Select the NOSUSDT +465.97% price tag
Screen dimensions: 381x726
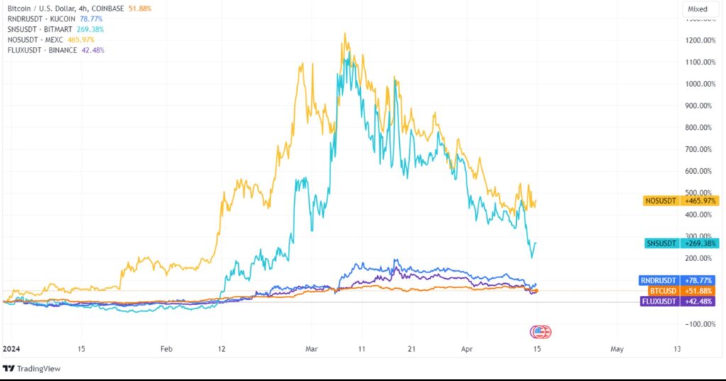tap(680, 201)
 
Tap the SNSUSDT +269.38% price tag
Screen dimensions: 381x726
tap(680, 243)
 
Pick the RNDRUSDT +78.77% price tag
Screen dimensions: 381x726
tap(680, 280)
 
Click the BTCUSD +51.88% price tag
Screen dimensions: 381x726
tap(680, 291)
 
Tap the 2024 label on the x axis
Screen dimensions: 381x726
tap(12, 349)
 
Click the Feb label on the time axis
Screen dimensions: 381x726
tap(166, 349)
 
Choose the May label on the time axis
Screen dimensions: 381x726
tap(617, 349)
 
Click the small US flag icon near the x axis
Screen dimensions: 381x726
tap(542, 331)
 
